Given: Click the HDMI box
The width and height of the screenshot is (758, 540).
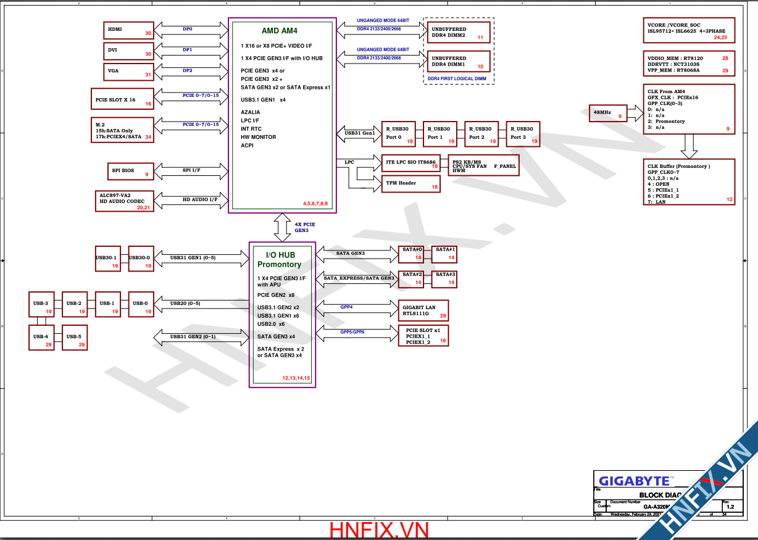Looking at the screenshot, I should pyautogui.click(x=128, y=30).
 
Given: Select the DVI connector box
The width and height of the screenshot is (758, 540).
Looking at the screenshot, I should pyautogui.click(x=128, y=51).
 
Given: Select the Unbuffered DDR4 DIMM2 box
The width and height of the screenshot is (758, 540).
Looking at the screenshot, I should pyautogui.click(x=457, y=33).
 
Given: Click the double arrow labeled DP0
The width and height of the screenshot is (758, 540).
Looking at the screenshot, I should pyautogui.click(x=188, y=29).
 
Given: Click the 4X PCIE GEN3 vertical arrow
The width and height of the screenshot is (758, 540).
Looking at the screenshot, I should pyautogui.click(x=282, y=227).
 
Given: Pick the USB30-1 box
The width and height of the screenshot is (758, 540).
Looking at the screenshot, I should pyautogui.click(x=107, y=259).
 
